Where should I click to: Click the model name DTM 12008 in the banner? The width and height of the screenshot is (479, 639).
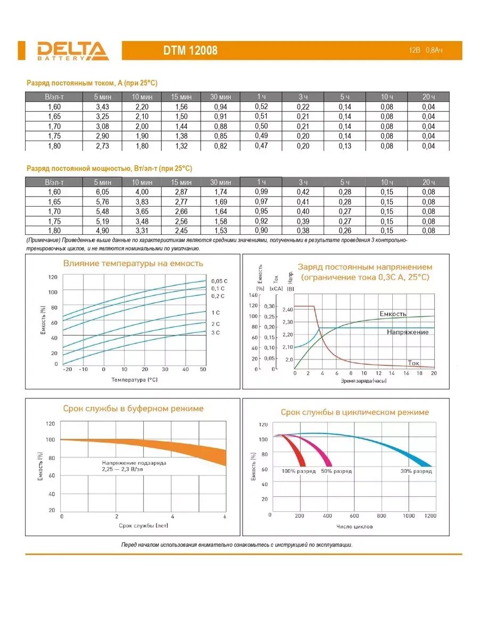click(x=190, y=51)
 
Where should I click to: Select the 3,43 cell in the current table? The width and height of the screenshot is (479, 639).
click(x=102, y=106)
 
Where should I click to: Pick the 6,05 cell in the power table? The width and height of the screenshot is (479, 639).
click(x=102, y=192)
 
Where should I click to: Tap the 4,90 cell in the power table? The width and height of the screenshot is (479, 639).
click(x=102, y=231)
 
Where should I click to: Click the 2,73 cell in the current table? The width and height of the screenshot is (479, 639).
click(x=102, y=146)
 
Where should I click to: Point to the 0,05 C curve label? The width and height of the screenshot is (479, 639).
click(x=219, y=281)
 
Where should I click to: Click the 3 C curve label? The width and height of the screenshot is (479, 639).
click(x=216, y=332)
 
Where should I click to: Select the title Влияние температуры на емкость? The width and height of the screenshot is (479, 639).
click(x=133, y=263)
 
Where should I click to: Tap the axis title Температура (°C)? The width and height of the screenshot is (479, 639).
click(x=135, y=380)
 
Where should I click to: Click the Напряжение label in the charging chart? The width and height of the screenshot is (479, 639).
click(x=408, y=332)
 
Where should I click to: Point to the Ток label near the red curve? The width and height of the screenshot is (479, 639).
click(x=414, y=363)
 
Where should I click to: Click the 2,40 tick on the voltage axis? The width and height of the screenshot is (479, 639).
click(x=303, y=309)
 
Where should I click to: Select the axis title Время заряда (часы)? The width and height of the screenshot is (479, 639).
click(x=364, y=381)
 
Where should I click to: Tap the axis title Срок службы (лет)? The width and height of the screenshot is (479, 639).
click(x=141, y=525)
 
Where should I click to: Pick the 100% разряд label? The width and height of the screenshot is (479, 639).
click(x=299, y=471)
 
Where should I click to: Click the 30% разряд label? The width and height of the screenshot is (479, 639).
click(x=416, y=471)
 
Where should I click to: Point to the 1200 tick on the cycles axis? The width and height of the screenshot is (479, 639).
click(x=430, y=516)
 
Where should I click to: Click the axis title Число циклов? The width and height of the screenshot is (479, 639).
click(x=355, y=527)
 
